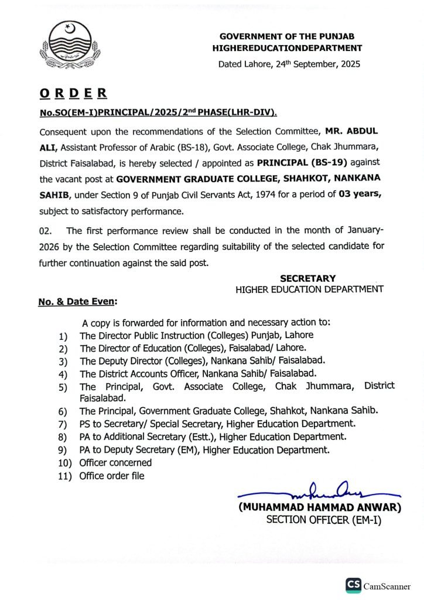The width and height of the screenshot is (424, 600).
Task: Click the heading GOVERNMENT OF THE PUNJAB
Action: (287, 36)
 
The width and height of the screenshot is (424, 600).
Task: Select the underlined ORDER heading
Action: (73, 93)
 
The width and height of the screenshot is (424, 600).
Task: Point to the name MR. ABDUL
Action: (357, 131)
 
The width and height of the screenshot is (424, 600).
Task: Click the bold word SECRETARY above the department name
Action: (307, 278)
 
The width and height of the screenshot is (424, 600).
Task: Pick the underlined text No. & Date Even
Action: (77, 302)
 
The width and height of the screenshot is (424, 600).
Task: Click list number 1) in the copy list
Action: (63, 336)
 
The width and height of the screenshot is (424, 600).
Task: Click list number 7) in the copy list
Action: (63, 424)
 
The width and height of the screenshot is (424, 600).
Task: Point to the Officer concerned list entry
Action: (115, 463)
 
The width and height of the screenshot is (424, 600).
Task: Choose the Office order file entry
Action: (112, 476)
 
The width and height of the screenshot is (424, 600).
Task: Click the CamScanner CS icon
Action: (353, 585)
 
